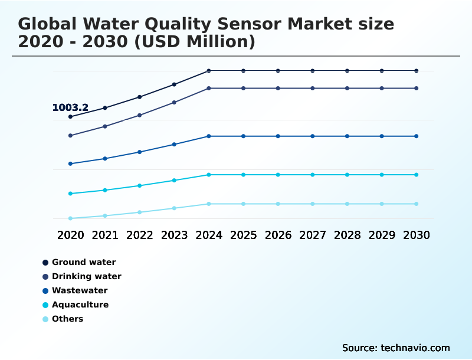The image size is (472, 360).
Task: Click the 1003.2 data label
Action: tap(70, 107)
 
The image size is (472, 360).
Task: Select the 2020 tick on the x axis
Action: tap(70, 235)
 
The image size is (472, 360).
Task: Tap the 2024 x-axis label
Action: tap(209, 235)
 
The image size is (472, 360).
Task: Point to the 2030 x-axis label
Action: tap(416, 235)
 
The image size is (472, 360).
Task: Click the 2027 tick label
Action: tap(313, 235)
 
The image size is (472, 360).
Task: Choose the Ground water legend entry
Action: tap(83, 262)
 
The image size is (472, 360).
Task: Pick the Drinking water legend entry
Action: tap(86, 276)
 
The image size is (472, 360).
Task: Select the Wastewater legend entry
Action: tap(80, 290)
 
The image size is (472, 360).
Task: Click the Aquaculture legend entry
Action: tap(80, 305)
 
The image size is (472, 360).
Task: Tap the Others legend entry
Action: tap(67, 319)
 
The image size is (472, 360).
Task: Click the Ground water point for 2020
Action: tap(70, 117)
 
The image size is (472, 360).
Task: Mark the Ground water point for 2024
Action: tap(209, 71)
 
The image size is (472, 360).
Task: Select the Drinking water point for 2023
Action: tap(174, 102)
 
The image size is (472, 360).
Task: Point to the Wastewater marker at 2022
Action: tap(140, 152)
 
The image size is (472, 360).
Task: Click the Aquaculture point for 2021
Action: tap(105, 190)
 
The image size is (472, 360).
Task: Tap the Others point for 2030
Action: tap(416, 204)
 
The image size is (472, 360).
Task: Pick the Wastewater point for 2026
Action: tap(278, 136)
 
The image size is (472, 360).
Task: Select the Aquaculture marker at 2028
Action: tap(347, 175)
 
